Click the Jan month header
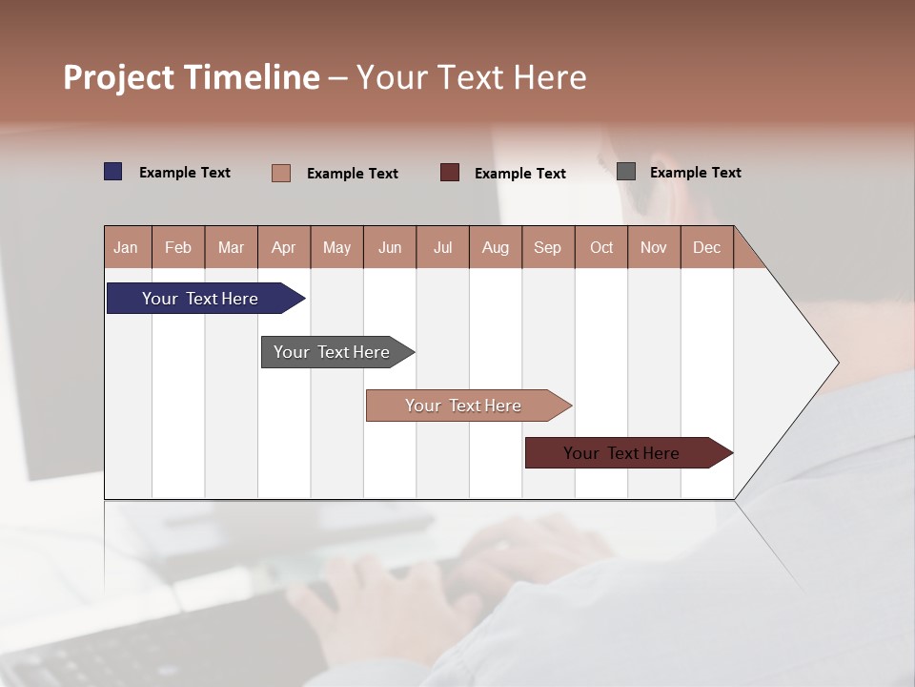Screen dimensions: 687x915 click(127, 247)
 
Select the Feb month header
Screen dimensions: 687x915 click(178, 247)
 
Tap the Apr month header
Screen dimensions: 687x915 click(284, 247)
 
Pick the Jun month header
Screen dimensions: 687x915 click(390, 247)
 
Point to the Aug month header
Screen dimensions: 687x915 click(496, 247)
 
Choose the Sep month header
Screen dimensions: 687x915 click(548, 247)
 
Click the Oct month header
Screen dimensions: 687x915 click(601, 247)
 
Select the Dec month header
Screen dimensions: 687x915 click(707, 247)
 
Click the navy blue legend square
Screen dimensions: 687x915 click(113, 172)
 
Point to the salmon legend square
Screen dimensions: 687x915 click(281, 173)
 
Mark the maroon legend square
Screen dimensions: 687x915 click(450, 173)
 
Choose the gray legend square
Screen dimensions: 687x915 click(626, 172)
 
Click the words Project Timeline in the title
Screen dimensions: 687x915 click(192, 77)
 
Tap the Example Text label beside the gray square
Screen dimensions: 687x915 click(695, 173)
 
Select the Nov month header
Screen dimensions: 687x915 click(654, 247)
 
